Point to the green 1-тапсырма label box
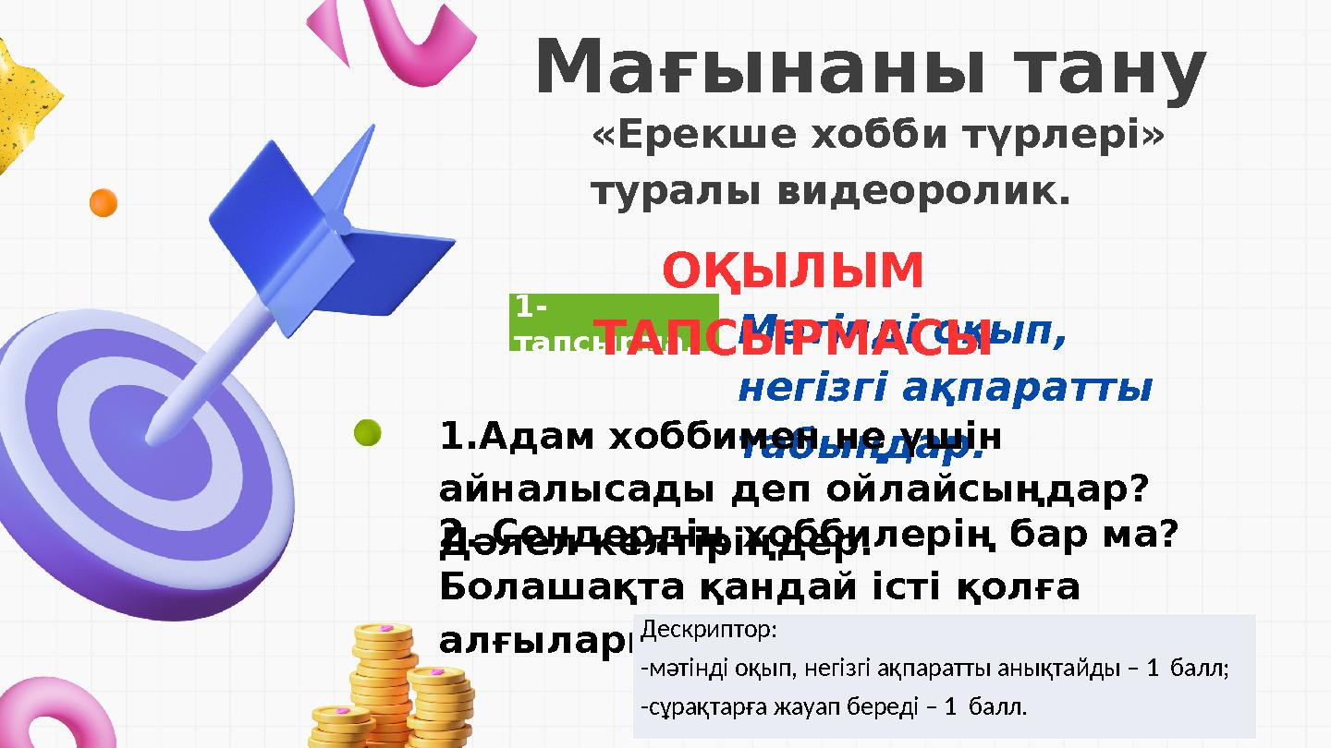(x=612, y=320)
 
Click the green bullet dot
(x=367, y=434)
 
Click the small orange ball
(x=103, y=203)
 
